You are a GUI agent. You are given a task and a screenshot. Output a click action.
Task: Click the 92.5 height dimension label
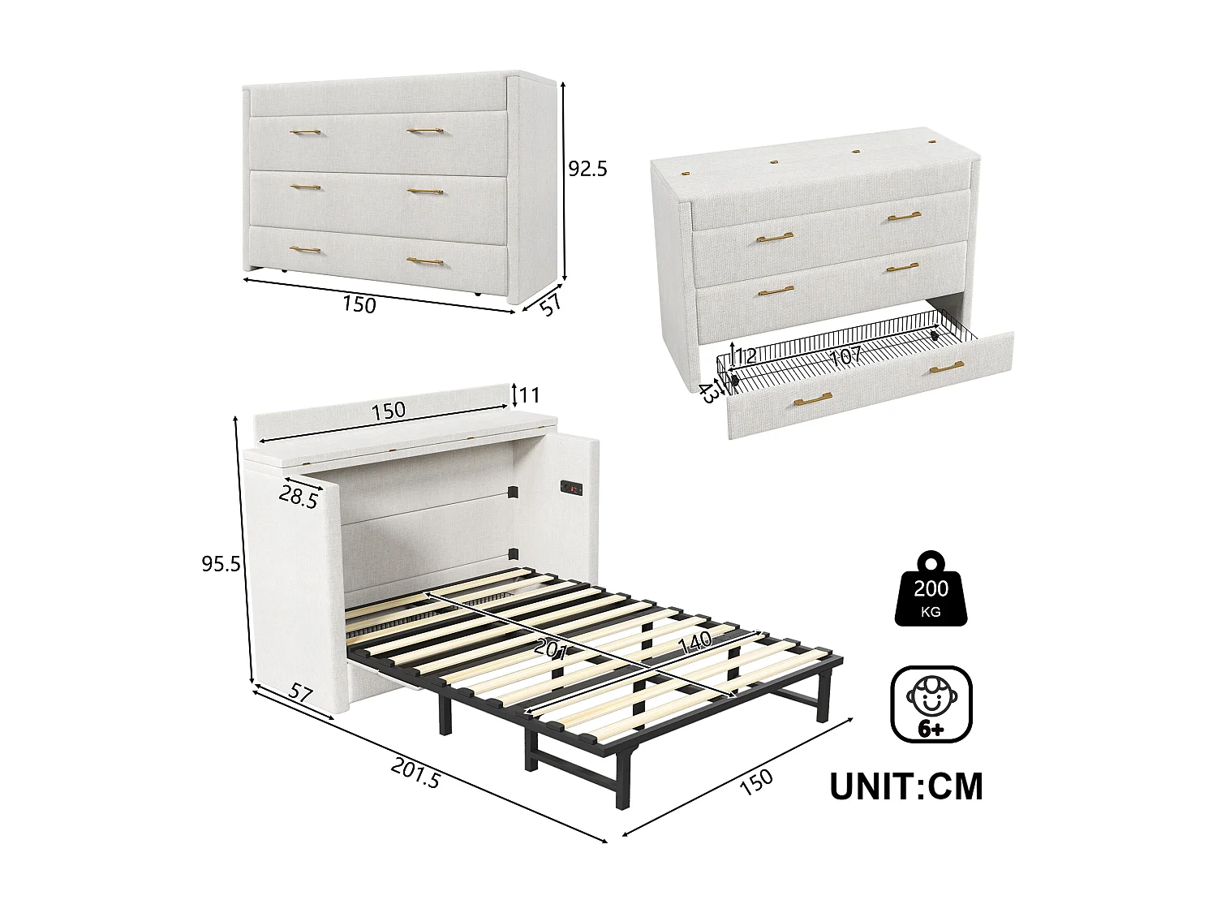(x=587, y=169)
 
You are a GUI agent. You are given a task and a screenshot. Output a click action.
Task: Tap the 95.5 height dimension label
(x=221, y=562)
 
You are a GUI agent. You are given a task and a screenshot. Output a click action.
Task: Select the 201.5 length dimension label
(x=415, y=772)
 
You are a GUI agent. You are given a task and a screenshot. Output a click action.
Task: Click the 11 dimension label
(x=529, y=395)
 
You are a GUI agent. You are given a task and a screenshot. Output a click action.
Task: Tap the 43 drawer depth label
(x=707, y=393)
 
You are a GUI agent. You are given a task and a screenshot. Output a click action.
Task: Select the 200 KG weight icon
(x=931, y=589)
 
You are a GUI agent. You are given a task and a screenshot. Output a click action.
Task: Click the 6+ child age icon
(x=931, y=704)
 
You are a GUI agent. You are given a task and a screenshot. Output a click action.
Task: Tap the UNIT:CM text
(x=905, y=786)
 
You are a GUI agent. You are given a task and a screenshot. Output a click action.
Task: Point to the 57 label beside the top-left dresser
(x=551, y=306)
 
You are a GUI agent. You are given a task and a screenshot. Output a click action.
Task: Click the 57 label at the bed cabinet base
(x=300, y=694)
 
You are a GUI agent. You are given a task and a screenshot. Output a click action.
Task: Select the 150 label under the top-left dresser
(x=359, y=304)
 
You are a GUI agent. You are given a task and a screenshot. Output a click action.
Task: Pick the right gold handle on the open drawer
(x=947, y=368)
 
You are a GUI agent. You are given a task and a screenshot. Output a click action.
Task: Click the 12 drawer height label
(x=745, y=355)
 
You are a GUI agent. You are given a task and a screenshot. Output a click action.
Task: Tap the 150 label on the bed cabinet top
(x=388, y=410)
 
